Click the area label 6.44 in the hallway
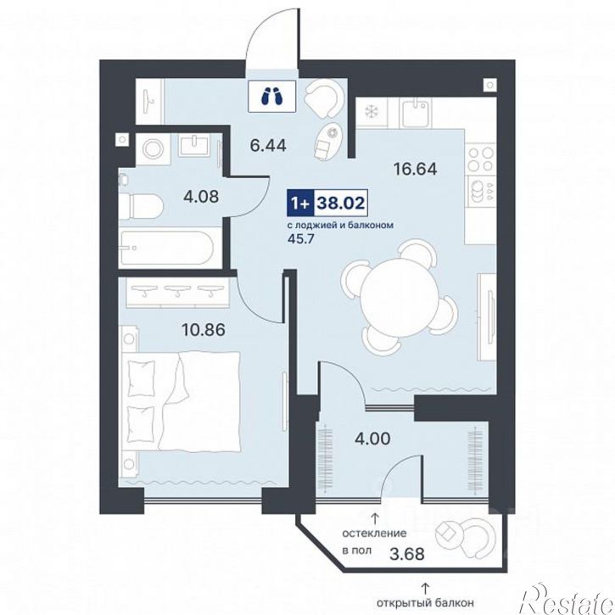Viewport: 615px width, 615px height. [268, 146]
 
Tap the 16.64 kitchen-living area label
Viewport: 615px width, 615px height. [415, 169]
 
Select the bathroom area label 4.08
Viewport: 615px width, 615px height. [201, 196]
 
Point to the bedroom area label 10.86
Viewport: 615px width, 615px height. [204, 329]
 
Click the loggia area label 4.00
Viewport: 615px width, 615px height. [372, 439]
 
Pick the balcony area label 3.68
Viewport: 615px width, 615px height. [406, 554]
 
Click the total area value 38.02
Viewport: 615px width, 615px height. [340, 204]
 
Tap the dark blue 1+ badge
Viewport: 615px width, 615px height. [301, 204]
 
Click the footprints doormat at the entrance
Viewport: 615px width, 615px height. [272, 96]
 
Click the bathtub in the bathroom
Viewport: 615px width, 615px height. [166, 248]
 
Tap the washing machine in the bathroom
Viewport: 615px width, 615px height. [152, 149]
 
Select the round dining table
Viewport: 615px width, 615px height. [399, 297]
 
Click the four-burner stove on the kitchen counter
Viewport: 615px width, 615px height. [480, 159]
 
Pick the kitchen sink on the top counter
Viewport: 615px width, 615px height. [416, 112]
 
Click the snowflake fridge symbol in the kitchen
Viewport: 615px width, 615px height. [371, 112]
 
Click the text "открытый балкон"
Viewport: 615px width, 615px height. [425, 602]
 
